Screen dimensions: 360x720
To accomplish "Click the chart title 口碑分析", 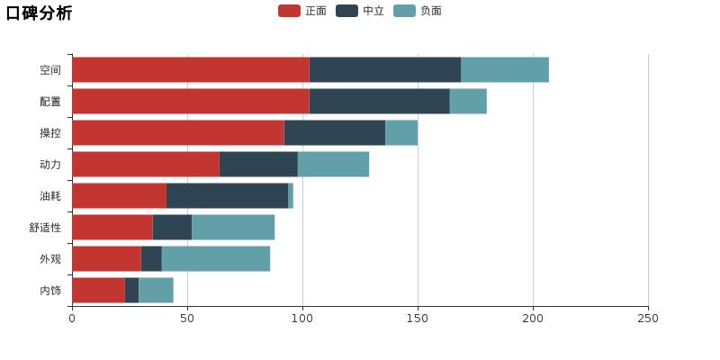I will coord(40,13).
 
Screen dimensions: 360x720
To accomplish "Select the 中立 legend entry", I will coord(359,11).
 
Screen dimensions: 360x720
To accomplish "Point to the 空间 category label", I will coord(50,70).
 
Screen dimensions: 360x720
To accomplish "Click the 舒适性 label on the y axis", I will coord(45,228).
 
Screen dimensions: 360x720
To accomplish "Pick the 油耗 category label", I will coord(50,196).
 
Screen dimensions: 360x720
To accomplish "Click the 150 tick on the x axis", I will coord(418,318).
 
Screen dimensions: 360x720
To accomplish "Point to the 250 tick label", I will coord(648,318).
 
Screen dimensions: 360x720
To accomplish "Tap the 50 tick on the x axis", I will coord(187,318).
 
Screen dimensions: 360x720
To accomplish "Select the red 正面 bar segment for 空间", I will coord(190,70).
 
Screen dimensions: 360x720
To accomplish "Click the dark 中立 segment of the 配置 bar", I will coord(379,102).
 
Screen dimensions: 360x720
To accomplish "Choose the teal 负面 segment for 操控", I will coord(401,133).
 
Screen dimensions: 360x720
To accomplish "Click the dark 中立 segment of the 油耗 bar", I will coord(227,196).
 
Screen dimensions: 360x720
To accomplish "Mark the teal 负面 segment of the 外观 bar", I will coord(215,259).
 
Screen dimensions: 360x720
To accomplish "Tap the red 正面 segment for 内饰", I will coord(98,291).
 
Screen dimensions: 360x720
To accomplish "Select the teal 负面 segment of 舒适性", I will coord(233,228).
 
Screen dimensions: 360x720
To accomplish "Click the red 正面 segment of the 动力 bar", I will coord(145,165).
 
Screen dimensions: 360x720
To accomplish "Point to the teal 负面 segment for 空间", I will coord(504,70).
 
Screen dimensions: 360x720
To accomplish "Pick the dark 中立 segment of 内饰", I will coord(131,291).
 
